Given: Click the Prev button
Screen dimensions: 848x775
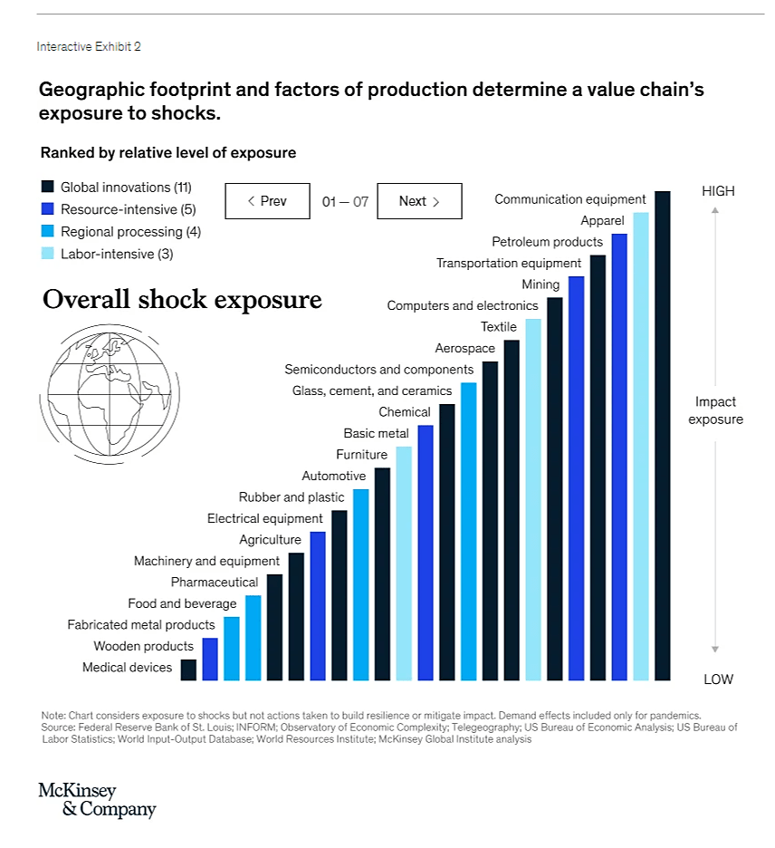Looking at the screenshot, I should (267, 201).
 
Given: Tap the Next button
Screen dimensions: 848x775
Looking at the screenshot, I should (419, 201).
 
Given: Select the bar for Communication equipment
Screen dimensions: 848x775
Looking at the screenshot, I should (662, 435).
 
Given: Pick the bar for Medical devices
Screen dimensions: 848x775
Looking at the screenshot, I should (188, 670).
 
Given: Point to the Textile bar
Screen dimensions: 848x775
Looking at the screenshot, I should (533, 498).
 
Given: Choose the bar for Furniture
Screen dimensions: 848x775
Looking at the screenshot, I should (404, 563).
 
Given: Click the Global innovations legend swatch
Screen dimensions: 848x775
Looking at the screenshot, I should (48, 188).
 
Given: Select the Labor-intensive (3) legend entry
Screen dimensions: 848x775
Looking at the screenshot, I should (117, 254).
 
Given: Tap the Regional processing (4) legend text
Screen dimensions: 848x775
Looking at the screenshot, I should (130, 232).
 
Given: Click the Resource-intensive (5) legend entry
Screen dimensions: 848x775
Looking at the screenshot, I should (128, 209).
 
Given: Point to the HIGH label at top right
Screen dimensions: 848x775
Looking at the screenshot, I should (718, 191).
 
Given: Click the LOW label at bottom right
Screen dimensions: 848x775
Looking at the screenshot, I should (718, 679).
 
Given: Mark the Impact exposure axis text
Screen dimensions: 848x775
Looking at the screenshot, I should (715, 410).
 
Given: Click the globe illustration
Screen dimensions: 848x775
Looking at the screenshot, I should (106, 390).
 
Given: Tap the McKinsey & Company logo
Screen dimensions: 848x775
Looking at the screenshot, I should (97, 801).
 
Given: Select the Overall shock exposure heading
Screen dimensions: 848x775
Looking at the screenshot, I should (182, 300).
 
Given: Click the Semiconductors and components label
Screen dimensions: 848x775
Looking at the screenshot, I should (378, 370).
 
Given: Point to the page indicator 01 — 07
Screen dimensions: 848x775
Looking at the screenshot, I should (345, 201).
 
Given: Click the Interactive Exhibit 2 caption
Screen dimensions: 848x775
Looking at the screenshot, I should (89, 46).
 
